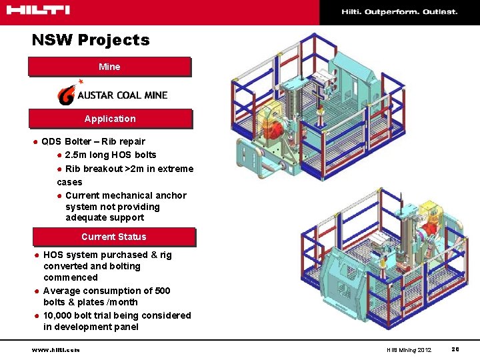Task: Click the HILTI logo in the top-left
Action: click(x=36, y=10)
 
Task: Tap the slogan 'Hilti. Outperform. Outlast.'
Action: click(x=399, y=12)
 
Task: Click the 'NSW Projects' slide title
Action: click(x=91, y=40)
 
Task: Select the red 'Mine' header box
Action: click(x=109, y=67)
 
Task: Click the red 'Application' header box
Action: click(x=110, y=119)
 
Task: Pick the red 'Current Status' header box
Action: click(x=114, y=237)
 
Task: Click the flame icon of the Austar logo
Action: click(x=67, y=95)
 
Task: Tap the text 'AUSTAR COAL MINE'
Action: click(x=122, y=95)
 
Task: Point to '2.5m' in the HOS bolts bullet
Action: click(x=77, y=155)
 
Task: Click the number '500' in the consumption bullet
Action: click(x=162, y=291)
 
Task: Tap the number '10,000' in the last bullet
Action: click(x=59, y=315)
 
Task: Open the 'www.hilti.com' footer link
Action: click(x=55, y=349)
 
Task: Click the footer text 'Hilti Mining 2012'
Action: click(x=409, y=350)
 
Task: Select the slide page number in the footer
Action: click(x=455, y=349)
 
